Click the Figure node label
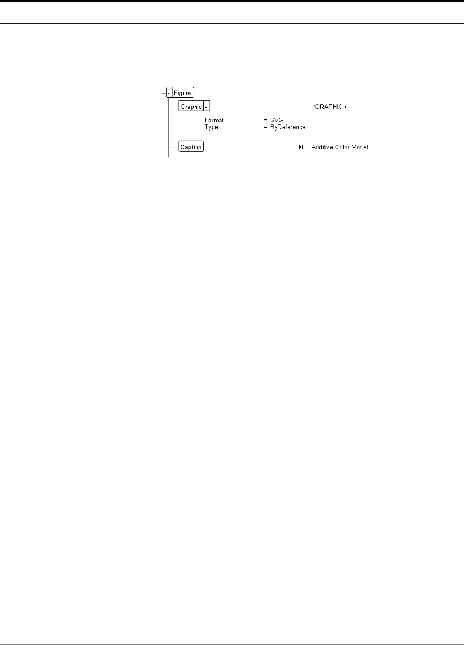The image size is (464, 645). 183,93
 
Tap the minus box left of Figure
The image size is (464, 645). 169,93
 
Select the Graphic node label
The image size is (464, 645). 191,107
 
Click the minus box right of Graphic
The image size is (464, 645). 207,107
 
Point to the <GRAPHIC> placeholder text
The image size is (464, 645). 329,107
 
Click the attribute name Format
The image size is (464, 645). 214,120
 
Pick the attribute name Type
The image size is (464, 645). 211,127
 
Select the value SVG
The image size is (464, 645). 276,120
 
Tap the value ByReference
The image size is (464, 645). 287,127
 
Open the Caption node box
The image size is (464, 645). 191,147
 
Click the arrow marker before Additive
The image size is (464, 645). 301,147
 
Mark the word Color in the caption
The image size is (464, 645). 344,147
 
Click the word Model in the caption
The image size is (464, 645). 361,147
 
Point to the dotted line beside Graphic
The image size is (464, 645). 254,107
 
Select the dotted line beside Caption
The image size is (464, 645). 252,147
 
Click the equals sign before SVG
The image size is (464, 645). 265,120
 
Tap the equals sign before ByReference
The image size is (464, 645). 265,127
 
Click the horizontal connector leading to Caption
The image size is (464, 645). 174,147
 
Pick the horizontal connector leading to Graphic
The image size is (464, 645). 174,106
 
